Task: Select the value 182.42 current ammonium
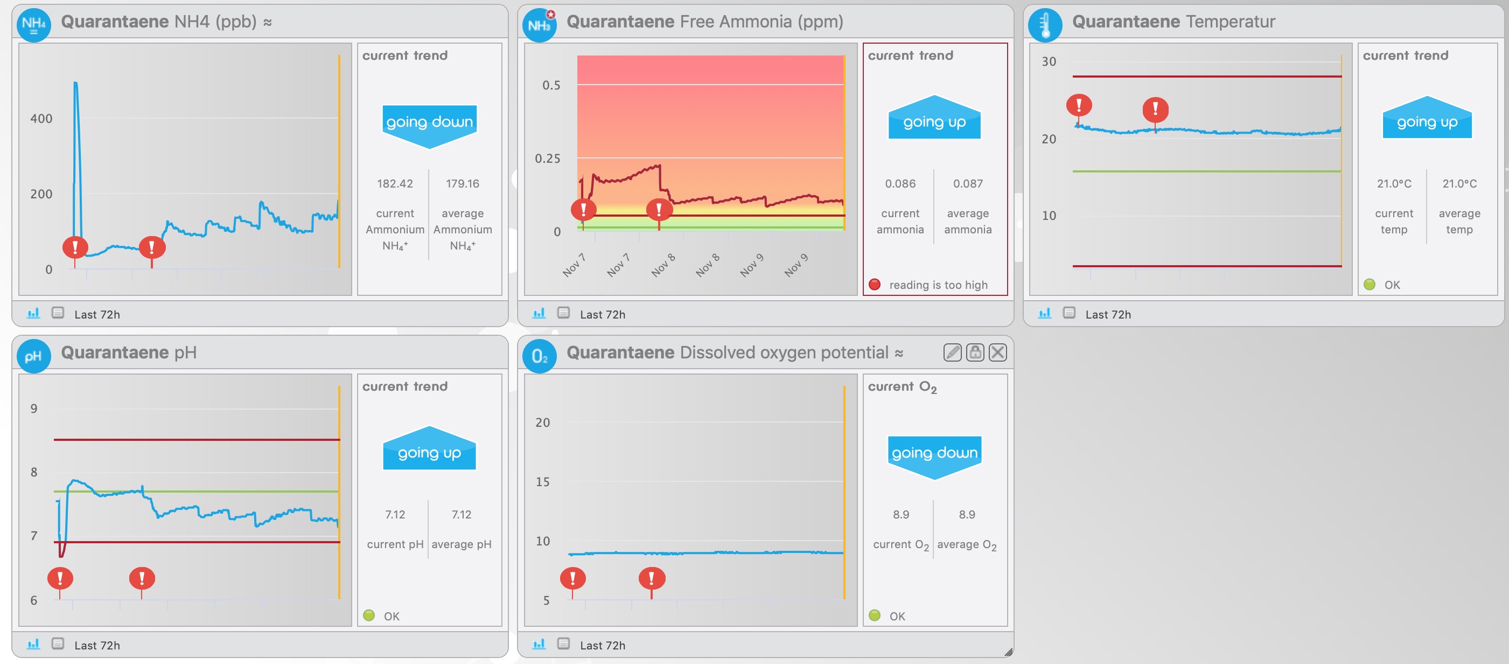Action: (395, 184)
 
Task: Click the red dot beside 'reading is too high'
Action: (875, 285)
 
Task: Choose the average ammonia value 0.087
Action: (968, 184)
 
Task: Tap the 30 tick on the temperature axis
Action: (1049, 61)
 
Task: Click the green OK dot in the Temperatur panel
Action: (1370, 285)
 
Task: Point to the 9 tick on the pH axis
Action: (34, 409)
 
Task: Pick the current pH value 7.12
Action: (395, 515)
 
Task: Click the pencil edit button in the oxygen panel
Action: (953, 352)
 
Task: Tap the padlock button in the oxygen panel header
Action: (975, 352)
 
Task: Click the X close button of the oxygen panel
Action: (998, 352)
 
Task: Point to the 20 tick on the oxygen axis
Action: (542, 423)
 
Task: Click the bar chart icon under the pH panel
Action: (33, 644)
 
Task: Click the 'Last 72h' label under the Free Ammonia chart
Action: (602, 315)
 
